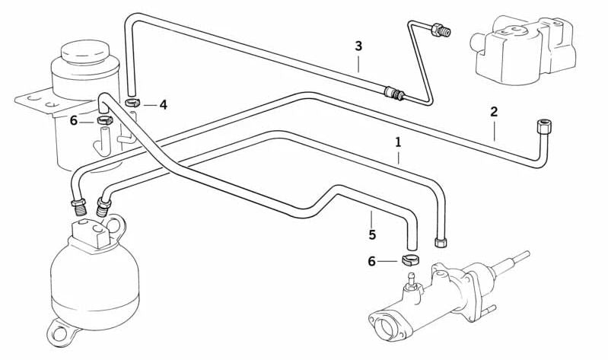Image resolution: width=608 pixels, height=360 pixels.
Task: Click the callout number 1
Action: pyautogui.click(x=397, y=142)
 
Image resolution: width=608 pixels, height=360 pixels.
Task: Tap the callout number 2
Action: pyautogui.click(x=494, y=112)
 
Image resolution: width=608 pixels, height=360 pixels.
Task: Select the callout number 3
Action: pyautogui.click(x=358, y=46)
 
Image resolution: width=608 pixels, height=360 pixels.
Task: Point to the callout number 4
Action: pyautogui.click(x=163, y=104)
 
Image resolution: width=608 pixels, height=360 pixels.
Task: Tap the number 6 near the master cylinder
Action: pyautogui.click(x=372, y=261)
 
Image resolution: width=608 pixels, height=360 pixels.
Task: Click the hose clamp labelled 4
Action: pyautogui.click(x=133, y=102)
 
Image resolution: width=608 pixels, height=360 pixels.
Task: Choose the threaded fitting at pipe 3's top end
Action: pyautogui.click(x=441, y=30)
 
